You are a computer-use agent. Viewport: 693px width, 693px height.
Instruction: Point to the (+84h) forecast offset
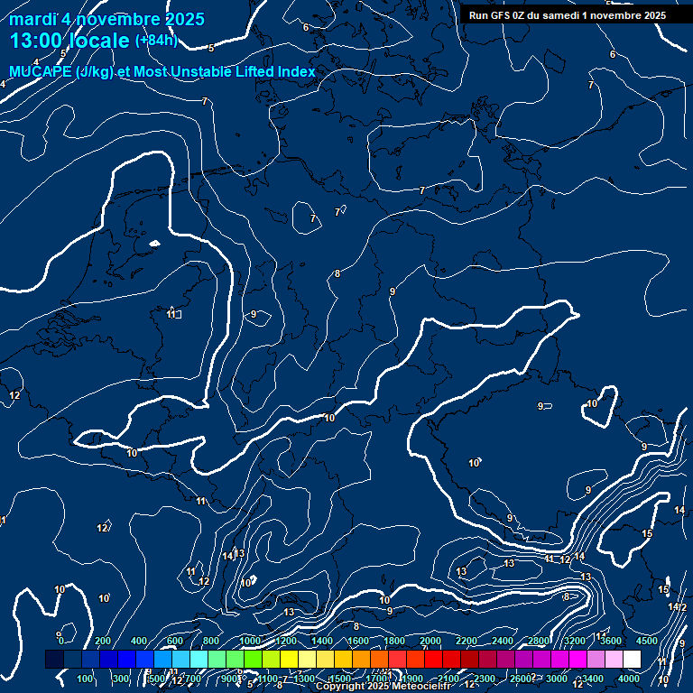[156, 41]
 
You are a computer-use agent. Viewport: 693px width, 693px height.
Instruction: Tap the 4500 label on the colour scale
[647, 641]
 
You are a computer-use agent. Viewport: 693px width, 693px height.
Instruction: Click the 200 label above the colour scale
[102, 641]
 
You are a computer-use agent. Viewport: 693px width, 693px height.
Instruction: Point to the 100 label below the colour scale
[86, 679]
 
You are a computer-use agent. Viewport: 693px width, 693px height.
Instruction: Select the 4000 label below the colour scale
[629, 679]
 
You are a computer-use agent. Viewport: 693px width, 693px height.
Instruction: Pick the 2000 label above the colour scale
[430, 641]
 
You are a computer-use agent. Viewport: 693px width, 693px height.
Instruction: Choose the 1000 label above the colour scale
[250, 641]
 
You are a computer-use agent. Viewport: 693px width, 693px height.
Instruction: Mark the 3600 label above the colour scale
[611, 641]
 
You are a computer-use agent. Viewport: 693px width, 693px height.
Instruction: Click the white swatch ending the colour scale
[632, 660]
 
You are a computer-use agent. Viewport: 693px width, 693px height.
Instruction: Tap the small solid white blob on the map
[154, 243]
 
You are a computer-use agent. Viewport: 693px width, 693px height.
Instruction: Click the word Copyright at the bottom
[340, 687]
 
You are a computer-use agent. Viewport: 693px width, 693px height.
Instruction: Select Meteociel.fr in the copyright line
[422, 687]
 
